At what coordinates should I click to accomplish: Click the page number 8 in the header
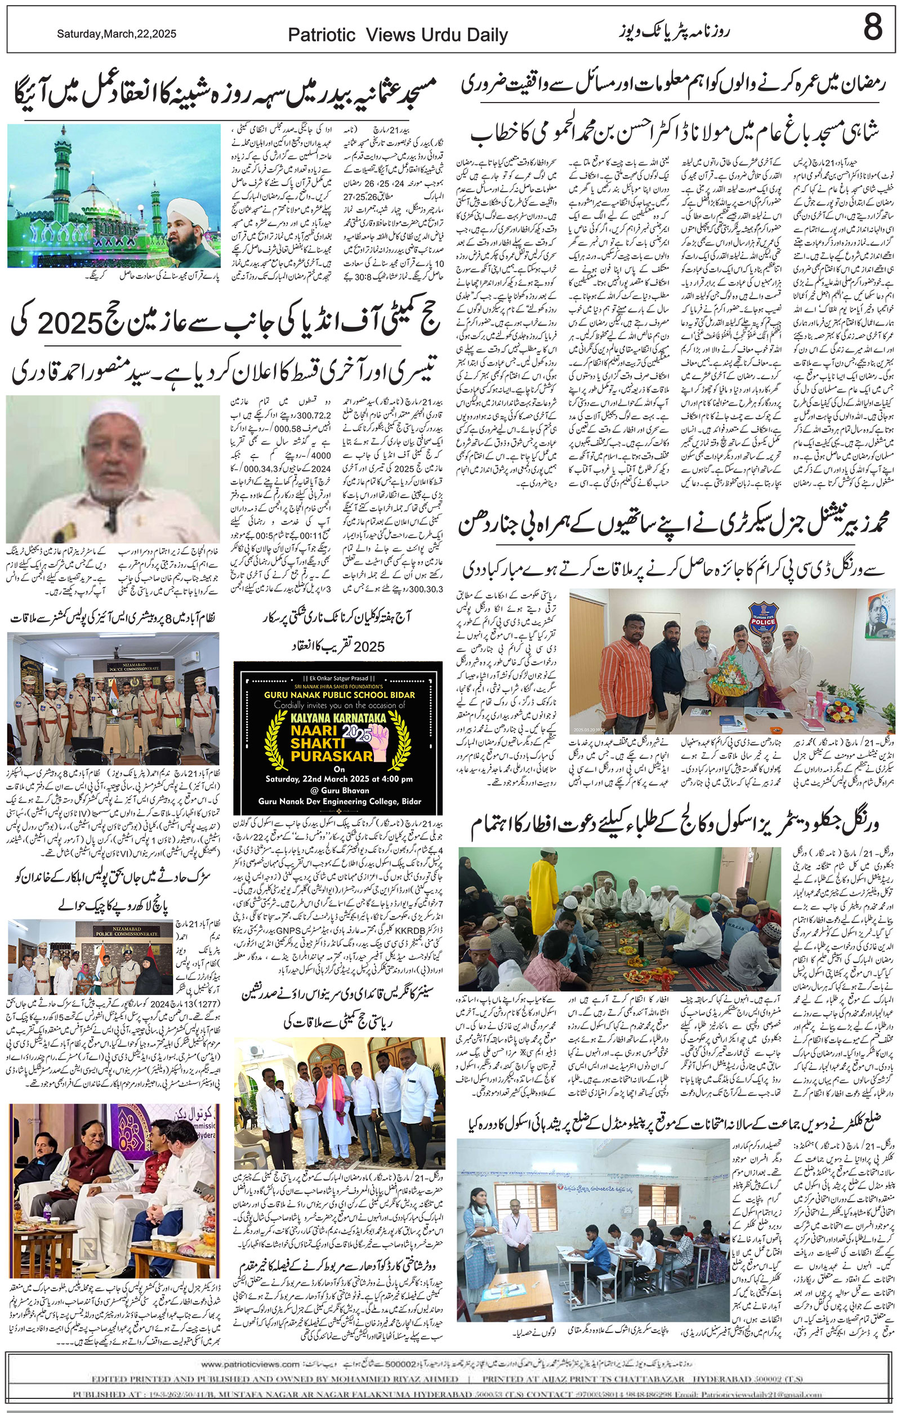pyautogui.click(x=872, y=28)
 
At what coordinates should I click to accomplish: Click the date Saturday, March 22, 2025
pyautogui.click(x=116, y=34)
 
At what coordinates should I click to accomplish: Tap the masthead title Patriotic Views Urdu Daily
pyautogui.click(x=398, y=36)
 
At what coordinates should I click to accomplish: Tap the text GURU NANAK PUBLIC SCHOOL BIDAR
pyautogui.click(x=337, y=695)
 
